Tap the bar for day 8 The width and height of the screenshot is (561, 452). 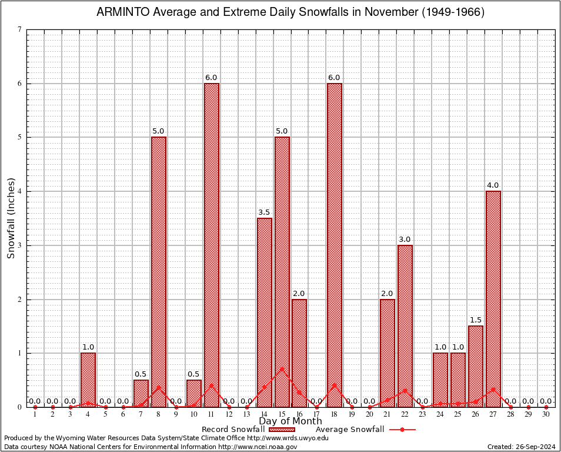pos(159,271)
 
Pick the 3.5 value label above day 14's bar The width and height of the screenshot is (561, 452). pos(264,212)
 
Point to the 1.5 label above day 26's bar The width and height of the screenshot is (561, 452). pos(476,320)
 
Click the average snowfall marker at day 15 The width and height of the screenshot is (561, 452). pos(282,369)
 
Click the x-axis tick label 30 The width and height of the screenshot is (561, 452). pos(546,415)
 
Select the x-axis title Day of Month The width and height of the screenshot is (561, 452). pos(290,421)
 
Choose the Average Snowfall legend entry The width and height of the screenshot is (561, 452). pos(350,429)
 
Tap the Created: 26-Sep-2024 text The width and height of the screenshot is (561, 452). pos(521,447)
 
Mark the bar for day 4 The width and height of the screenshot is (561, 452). pos(88,380)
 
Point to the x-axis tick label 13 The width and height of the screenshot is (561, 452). pos(246,415)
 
